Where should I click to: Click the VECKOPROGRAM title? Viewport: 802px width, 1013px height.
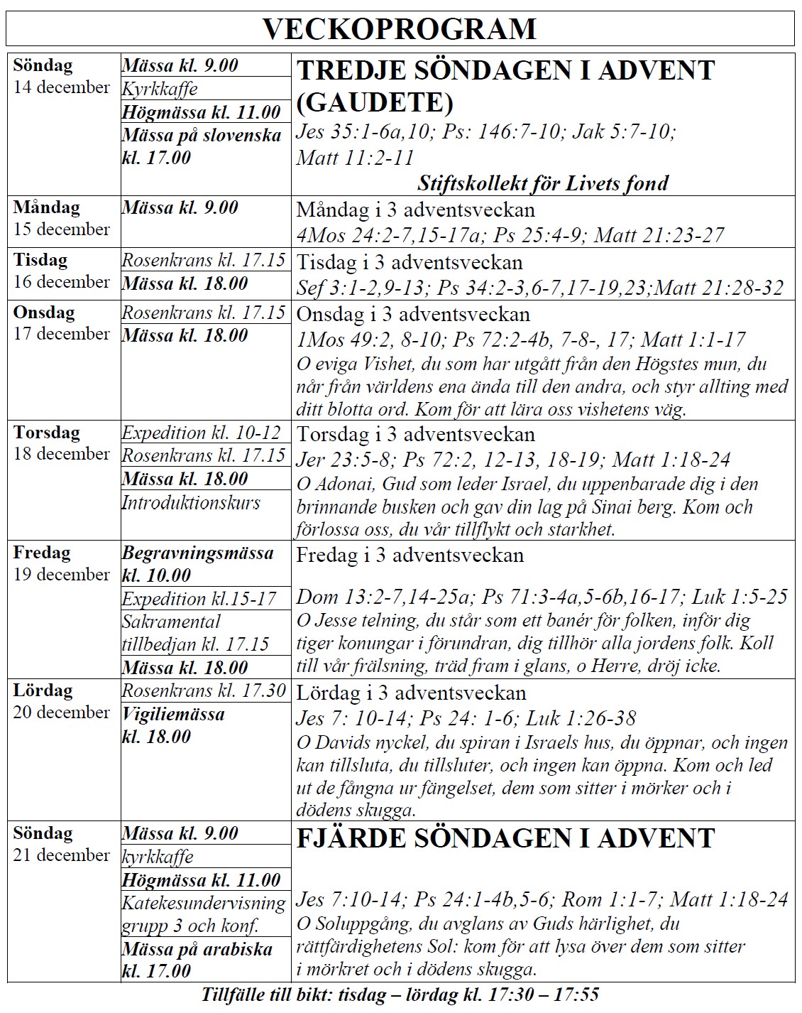(400, 29)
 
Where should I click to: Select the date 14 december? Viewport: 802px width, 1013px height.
(62, 87)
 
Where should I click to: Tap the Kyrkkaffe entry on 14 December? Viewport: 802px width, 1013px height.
(160, 89)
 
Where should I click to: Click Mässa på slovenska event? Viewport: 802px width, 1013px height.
(202, 135)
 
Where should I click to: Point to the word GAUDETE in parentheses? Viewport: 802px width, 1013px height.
(375, 102)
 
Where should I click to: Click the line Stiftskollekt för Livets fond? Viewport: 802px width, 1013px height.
(542, 183)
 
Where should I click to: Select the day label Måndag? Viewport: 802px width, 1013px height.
(46, 207)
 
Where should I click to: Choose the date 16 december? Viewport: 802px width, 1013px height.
(62, 281)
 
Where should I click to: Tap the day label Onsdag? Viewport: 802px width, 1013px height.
(43, 313)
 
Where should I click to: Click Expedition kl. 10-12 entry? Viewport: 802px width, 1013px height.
(202, 433)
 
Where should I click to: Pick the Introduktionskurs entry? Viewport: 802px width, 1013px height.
(191, 503)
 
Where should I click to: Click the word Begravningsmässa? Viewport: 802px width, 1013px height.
(197, 553)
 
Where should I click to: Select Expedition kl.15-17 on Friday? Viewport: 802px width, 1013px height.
(199, 598)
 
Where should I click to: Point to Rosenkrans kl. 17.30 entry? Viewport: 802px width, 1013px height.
(204, 690)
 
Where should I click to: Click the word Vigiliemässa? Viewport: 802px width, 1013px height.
(173, 714)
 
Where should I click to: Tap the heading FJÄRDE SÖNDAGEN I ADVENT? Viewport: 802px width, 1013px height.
(505, 838)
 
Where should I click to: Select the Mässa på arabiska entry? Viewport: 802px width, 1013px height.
(197, 949)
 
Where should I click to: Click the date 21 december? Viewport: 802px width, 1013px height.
(62, 855)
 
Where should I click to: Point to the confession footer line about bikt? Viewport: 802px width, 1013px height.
(400, 995)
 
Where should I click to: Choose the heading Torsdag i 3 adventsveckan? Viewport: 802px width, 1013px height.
(415, 434)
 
